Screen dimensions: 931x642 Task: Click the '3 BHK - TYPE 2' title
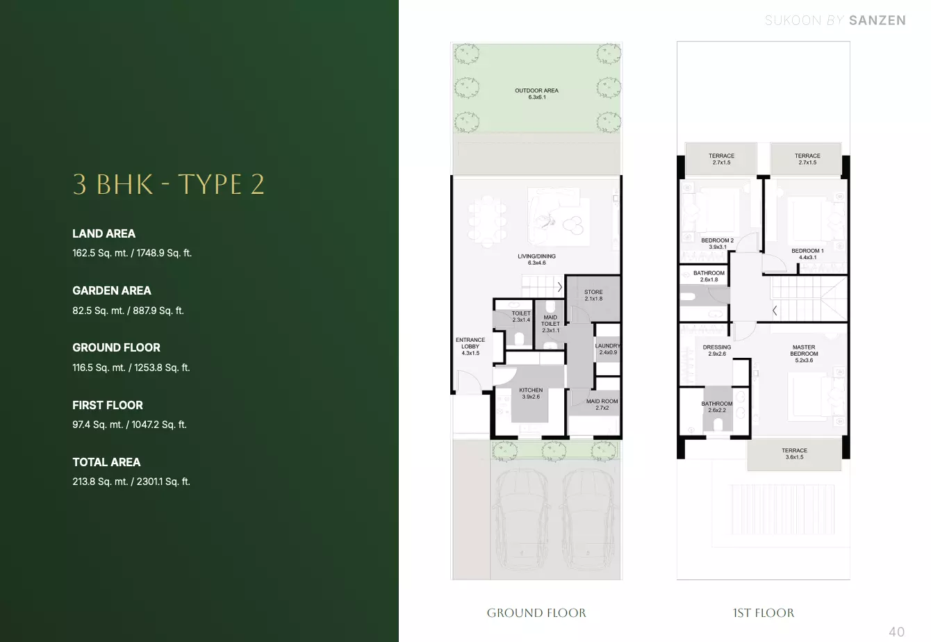click(x=168, y=184)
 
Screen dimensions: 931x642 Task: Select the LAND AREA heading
click(x=104, y=233)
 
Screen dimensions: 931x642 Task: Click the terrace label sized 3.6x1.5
click(x=794, y=454)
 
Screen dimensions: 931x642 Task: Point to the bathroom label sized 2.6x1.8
click(x=709, y=277)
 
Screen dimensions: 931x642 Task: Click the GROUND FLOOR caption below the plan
click(x=536, y=613)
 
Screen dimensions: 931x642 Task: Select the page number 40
click(x=896, y=632)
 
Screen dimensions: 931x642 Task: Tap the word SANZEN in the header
click(x=878, y=20)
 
